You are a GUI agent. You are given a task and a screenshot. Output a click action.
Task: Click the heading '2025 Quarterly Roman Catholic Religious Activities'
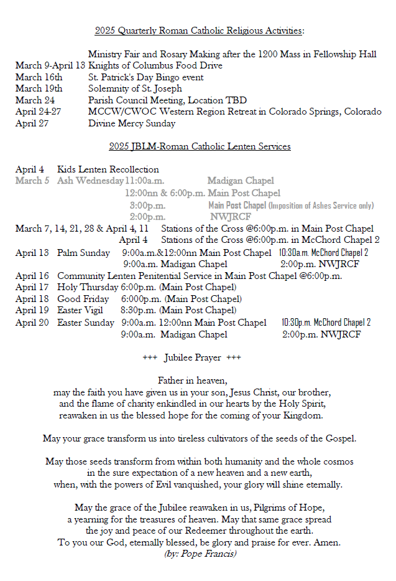199,31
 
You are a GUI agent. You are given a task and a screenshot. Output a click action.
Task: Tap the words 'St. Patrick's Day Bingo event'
146,77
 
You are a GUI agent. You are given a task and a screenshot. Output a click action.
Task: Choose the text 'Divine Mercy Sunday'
132,123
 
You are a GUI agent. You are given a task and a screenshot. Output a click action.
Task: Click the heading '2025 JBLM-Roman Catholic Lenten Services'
200,146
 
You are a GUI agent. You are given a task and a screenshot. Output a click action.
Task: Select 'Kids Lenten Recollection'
108,169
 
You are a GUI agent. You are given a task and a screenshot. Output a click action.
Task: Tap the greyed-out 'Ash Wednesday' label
90,181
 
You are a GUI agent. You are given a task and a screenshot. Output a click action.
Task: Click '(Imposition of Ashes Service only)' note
321,205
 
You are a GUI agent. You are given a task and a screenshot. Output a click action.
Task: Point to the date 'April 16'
32,276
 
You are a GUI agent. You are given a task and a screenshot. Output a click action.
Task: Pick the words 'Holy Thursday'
87,287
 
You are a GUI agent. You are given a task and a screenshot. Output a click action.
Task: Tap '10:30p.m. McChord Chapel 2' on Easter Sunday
326,323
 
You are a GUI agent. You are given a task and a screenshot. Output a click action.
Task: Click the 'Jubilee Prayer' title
191,357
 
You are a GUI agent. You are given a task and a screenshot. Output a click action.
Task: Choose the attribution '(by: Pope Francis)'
200,554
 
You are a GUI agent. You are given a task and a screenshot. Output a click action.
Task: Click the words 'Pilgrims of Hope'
288,507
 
